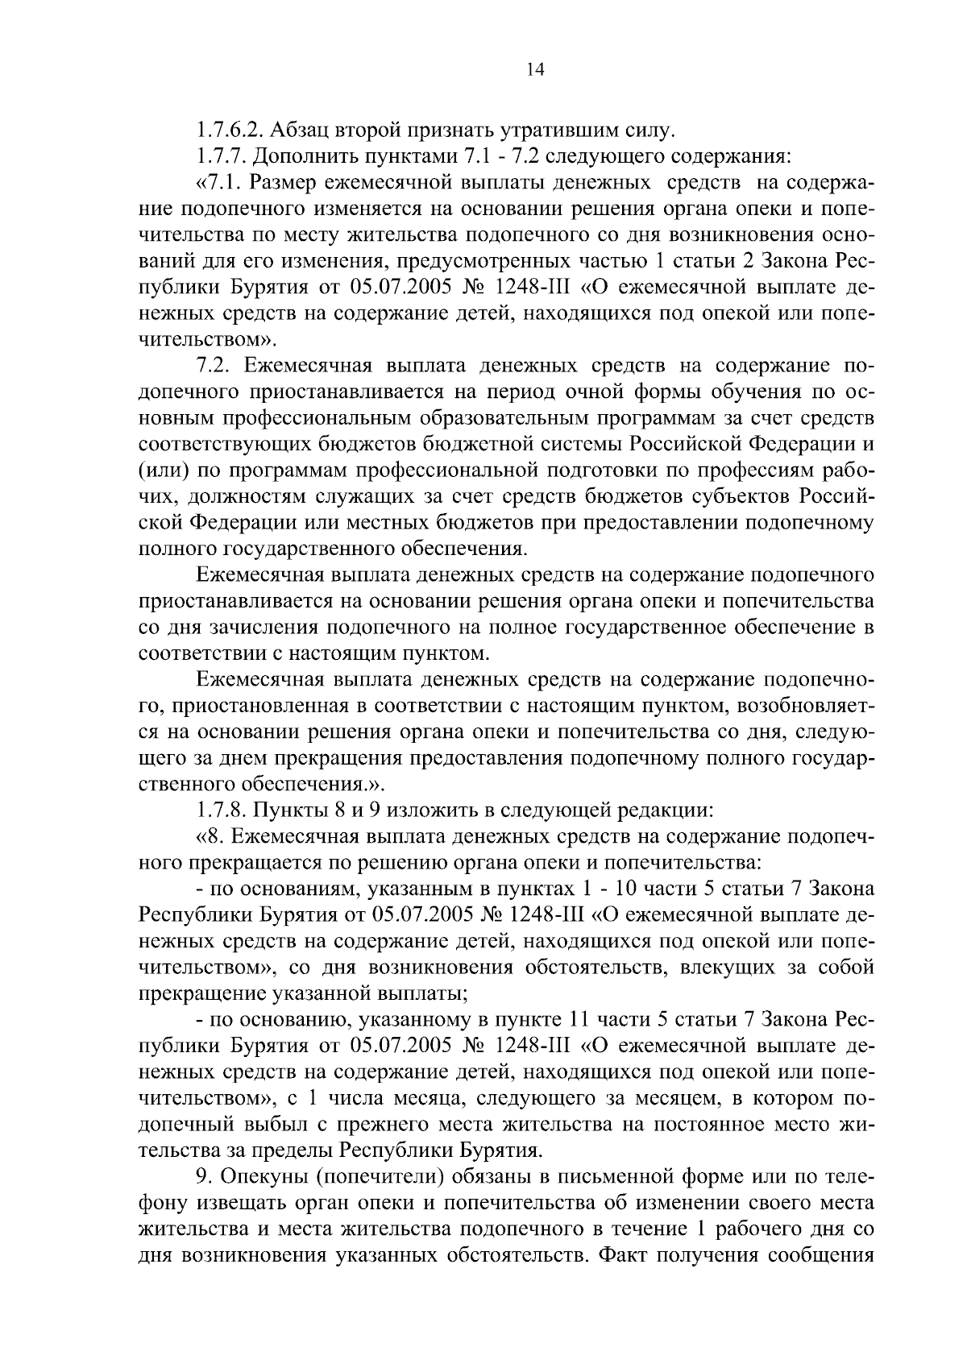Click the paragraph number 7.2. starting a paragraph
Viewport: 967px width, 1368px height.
pos(215,366)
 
